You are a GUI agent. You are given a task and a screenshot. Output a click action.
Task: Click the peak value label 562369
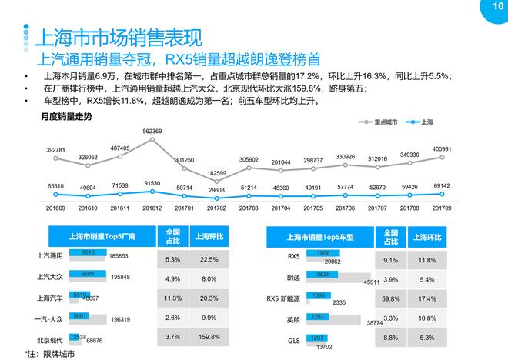point(152,132)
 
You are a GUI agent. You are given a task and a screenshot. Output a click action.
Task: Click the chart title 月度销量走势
point(66,116)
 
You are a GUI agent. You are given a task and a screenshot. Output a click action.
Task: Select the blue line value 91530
point(152,182)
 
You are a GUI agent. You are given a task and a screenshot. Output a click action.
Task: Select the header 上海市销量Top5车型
point(324,237)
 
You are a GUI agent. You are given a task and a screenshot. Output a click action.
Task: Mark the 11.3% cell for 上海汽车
point(172,297)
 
